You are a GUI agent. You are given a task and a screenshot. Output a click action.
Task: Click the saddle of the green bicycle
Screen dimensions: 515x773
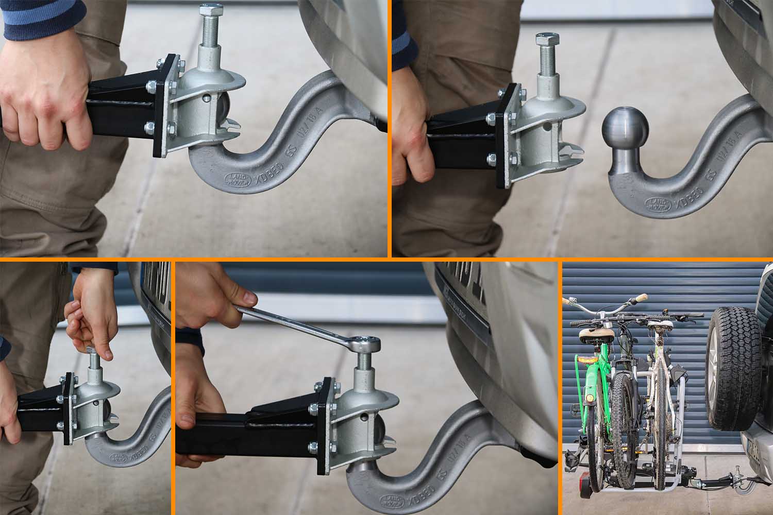point(597,333)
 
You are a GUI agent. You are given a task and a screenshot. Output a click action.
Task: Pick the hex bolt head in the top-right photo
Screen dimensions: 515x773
point(547,39)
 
